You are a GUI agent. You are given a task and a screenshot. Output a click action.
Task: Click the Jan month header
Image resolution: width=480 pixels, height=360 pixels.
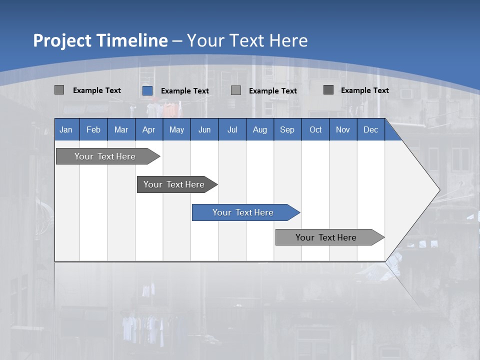[x=66, y=129]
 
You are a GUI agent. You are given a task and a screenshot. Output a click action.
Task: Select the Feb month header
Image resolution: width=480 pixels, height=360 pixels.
[x=93, y=129]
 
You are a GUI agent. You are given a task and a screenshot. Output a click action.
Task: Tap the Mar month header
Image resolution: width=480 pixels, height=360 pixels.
[x=121, y=129]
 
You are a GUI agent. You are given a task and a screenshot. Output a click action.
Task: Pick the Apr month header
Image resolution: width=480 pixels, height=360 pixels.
[x=148, y=129]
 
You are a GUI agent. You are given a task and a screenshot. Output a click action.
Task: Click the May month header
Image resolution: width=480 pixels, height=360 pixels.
[x=176, y=129]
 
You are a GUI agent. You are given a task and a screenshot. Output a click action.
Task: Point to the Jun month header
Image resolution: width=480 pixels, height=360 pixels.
[x=204, y=129]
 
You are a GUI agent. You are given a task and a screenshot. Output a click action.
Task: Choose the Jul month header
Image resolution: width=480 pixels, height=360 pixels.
[x=232, y=129]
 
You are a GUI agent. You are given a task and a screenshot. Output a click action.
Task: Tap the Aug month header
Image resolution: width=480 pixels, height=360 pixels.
[x=260, y=129]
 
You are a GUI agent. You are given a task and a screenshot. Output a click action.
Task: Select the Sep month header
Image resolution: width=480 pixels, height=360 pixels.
[x=287, y=129]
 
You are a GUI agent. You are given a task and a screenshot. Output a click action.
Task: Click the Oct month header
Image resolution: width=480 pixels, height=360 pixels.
[x=315, y=129]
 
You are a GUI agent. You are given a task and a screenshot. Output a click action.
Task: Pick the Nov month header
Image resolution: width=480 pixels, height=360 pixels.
[x=343, y=129]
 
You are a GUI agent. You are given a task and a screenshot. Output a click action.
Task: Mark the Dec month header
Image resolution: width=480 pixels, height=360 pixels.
[x=370, y=129]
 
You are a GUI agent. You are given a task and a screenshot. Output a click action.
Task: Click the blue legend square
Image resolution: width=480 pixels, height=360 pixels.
[x=147, y=90]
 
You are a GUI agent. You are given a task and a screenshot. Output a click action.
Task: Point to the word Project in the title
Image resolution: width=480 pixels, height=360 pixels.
[x=62, y=40]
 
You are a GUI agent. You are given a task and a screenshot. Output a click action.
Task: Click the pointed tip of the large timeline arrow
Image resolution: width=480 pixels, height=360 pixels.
[x=438, y=190]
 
